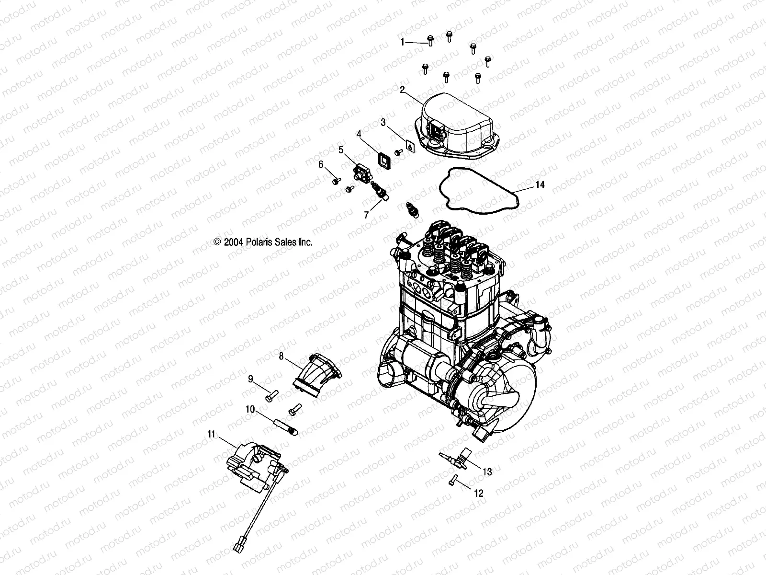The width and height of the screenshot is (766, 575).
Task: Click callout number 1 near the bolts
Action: click(x=403, y=43)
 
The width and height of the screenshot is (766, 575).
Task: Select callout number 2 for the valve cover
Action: click(x=403, y=89)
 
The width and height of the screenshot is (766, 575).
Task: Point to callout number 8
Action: click(x=295, y=356)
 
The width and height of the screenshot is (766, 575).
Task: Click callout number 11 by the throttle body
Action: click(x=211, y=435)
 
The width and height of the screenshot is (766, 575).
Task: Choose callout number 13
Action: click(x=487, y=472)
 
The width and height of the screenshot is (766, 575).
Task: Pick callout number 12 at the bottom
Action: click(x=479, y=493)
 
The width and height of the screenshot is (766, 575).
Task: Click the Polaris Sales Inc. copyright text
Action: click(x=263, y=242)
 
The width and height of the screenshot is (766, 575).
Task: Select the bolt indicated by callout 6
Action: click(x=336, y=181)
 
